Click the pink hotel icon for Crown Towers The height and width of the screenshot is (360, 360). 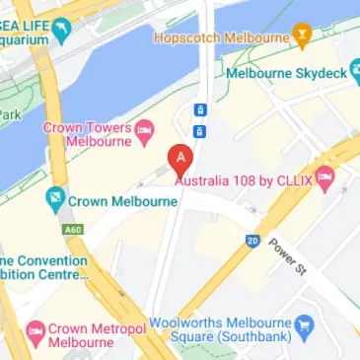pos(144,127)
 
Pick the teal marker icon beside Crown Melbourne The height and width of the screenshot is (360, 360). pos(55,201)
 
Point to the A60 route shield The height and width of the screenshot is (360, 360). pos(73,230)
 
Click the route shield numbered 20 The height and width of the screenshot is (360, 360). pos(252,239)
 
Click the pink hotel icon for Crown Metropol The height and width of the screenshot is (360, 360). pos(35,327)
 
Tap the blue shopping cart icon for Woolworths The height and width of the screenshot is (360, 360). pos(305,323)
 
